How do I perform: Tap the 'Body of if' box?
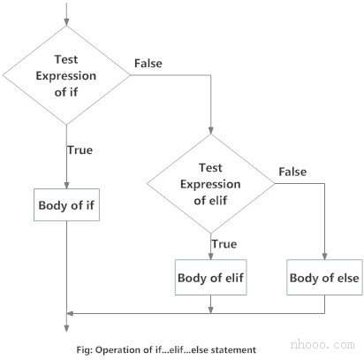pyautogui.click(x=67, y=205)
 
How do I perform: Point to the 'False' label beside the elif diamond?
pyautogui.click(x=292, y=170)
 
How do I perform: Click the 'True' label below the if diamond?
pyautogui.click(x=80, y=149)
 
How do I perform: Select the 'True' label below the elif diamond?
pyautogui.click(x=223, y=243)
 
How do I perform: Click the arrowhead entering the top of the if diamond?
pyautogui.click(x=67, y=20)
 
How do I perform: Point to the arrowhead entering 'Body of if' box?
pyautogui.click(x=67, y=185)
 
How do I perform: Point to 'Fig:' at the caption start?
pyautogui.click(x=85, y=349)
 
